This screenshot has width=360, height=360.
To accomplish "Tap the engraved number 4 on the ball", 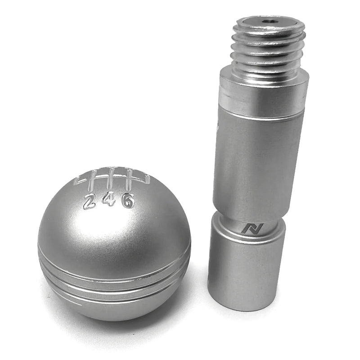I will click(108, 199).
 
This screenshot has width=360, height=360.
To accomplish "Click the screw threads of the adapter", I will click(269, 49).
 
